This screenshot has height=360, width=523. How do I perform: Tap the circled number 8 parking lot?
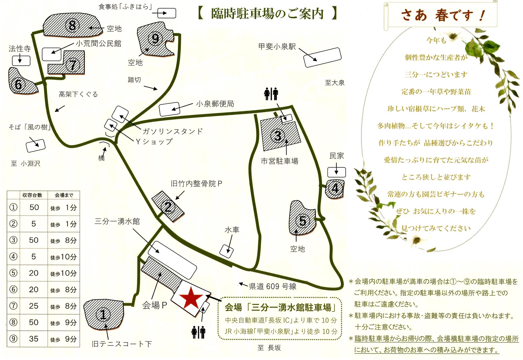tap(72, 25)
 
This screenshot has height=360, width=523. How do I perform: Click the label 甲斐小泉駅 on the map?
tap(277, 47)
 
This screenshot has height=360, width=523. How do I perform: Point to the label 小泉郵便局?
tap(215, 104)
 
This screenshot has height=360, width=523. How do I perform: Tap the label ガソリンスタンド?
tap(173, 131)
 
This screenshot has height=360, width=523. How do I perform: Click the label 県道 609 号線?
tap(272, 286)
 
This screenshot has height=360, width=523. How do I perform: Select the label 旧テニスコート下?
tap(122, 344)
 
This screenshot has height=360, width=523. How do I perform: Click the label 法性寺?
tap(20, 48)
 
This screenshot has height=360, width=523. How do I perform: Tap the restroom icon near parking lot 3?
tap(271, 94)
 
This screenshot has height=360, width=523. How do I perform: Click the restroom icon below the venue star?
tap(198, 332)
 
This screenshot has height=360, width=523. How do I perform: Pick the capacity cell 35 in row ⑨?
tap(34, 339)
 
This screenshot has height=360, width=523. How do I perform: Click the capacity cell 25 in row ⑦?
tap(34, 306)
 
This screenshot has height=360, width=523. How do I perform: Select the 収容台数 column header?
tap(32, 195)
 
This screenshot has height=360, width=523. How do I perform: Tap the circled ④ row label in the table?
tap(13, 256)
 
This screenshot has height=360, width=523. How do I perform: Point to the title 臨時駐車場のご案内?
tap(268, 14)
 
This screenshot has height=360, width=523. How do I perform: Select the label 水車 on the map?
tap(232, 230)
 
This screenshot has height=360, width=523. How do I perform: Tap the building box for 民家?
tap(337, 172)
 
